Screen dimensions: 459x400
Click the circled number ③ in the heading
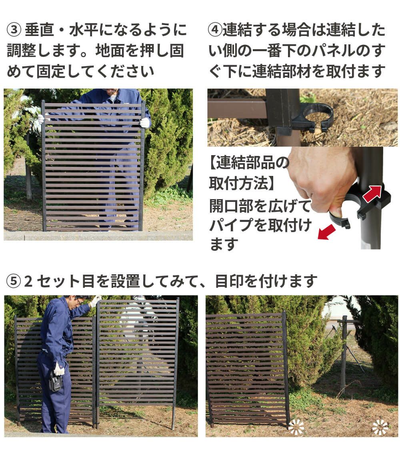pos(14,30)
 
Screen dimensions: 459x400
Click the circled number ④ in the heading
pos(215,30)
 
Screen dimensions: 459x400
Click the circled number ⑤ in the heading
pos(14,281)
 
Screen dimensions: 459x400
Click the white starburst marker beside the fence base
pos(296,427)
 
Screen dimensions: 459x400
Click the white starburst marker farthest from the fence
pos(380,427)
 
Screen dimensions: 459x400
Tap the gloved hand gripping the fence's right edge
pos(144,122)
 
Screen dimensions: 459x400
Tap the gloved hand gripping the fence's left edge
pos(40,119)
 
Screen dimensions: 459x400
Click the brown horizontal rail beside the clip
pos(236,108)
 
